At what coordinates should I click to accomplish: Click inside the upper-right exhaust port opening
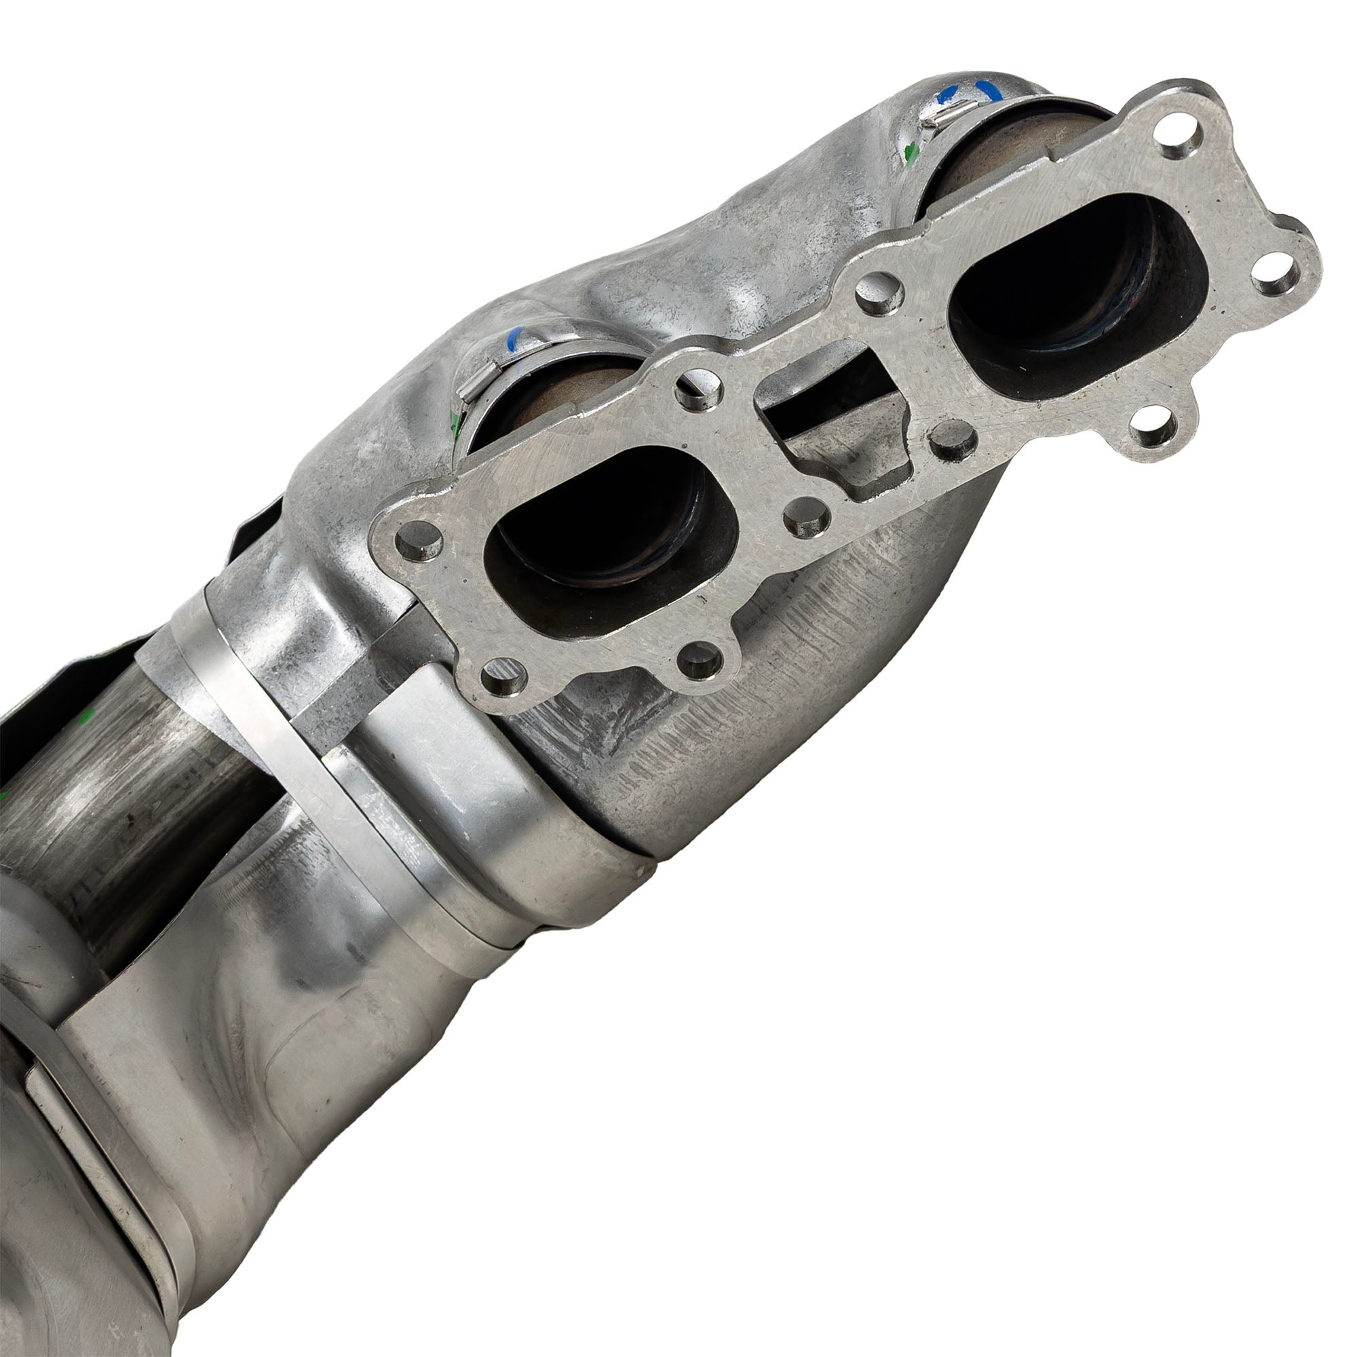1075,281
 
